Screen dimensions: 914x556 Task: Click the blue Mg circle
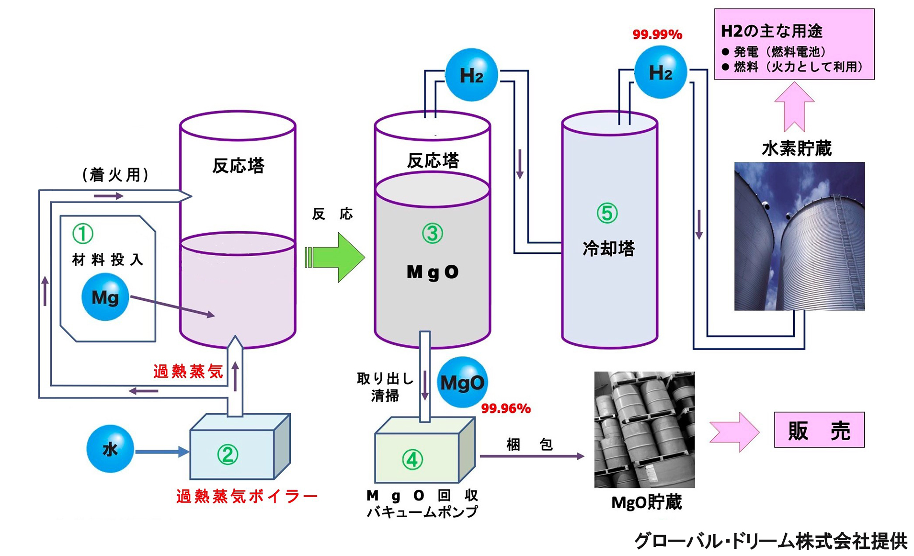pos(105,297)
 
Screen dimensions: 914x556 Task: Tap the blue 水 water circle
pos(110,449)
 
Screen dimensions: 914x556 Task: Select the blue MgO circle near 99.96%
pos(462,382)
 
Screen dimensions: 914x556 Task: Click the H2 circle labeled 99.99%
pos(661,72)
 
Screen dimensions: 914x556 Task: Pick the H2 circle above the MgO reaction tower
pos(471,75)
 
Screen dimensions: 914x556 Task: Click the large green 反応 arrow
pos(335,257)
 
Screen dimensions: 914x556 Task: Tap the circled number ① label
pos(82,234)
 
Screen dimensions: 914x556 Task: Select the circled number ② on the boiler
pos(228,454)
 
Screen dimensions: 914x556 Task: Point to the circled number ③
pos(432,234)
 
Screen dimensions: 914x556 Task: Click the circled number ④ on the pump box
pos(412,460)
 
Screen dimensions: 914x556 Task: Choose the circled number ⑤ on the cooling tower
pos(607,213)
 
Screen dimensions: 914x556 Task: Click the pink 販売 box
pos(819,430)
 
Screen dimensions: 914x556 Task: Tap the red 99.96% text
pos(506,408)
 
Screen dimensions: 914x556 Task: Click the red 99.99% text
pos(657,34)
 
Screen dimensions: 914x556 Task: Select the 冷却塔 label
pos(608,249)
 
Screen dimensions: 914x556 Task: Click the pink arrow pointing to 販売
pos(734,432)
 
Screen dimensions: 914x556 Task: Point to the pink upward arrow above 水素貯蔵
pos(794,107)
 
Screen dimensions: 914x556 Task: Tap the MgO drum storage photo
pos(644,430)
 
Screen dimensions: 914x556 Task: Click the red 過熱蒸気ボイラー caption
pos(247,496)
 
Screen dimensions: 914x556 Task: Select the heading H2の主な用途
pos(771,31)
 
